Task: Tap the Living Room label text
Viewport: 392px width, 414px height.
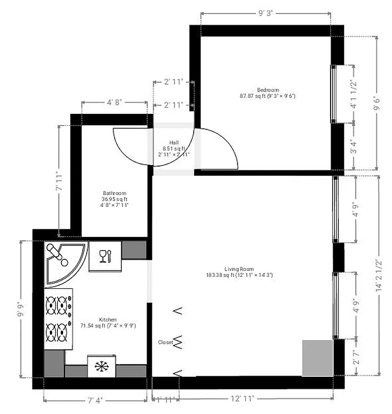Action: (239, 269)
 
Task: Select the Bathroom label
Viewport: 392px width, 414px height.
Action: (115, 194)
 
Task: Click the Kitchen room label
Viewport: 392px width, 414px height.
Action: (108, 320)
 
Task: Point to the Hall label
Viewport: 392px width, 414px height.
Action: (174, 143)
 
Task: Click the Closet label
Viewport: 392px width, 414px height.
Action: (165, 342)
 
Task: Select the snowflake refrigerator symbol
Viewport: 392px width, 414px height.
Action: (101, 366)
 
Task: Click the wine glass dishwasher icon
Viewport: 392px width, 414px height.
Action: (105, 256)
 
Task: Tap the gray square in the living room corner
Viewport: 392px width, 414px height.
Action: (317, 358)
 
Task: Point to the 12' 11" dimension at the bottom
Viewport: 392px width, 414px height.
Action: (242, 399)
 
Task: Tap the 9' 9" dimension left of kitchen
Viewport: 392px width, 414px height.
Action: (21, 312)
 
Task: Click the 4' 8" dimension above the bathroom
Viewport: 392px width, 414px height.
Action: (114, 102)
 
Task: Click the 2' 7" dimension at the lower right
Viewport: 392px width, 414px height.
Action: (355, 357)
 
